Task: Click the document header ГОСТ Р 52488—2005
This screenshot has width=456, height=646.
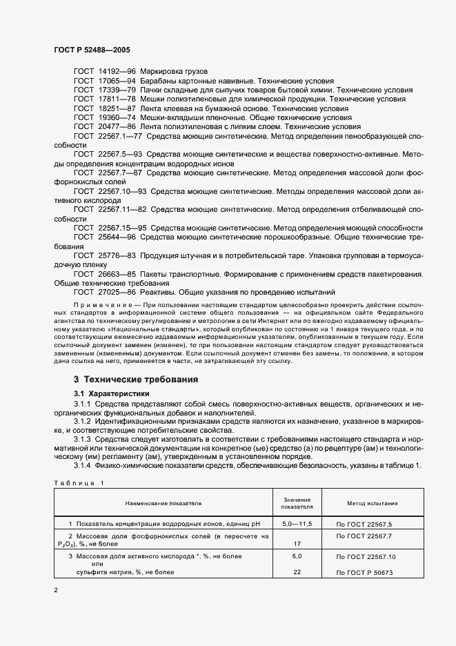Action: [92, 50]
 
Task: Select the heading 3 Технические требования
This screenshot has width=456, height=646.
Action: [136, 380]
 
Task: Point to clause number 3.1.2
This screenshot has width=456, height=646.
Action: [82, 420]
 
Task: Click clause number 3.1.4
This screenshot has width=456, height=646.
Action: [82, 467]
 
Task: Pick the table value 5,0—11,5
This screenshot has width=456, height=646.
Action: [297, 525]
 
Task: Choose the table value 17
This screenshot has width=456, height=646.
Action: [297, 544]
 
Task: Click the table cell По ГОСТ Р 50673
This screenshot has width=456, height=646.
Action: [364, 573]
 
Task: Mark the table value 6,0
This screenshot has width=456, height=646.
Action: [297, 556]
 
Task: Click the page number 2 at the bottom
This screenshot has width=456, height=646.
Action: [56, 590]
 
